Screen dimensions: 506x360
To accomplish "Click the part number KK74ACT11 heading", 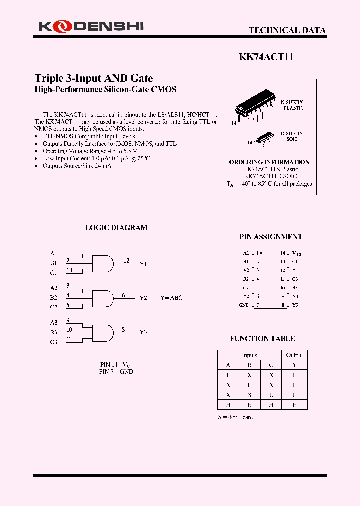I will point(266,57).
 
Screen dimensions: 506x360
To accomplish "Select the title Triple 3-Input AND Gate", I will point(93,78).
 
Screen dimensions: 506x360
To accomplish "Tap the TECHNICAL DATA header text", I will point(287,30).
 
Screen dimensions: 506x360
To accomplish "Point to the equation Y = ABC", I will point(171,298).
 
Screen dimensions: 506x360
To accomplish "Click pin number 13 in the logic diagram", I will point(69,270).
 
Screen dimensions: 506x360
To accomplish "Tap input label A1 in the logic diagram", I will point(53,253).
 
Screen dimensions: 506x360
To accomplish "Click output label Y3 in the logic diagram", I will point(143,332).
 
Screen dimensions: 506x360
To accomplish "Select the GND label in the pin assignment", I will point(244,305).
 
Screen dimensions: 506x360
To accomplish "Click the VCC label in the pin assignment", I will point(297,253).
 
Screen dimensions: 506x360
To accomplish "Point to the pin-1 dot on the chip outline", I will point(261,253).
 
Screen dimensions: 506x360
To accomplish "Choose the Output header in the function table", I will point(294,355).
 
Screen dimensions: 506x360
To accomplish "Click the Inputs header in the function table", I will point(249,355).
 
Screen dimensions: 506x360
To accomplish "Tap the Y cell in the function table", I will point(294,365).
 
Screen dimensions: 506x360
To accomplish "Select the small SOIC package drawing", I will point(265,137).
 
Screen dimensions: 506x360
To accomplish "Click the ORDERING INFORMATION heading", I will point(269,162).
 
